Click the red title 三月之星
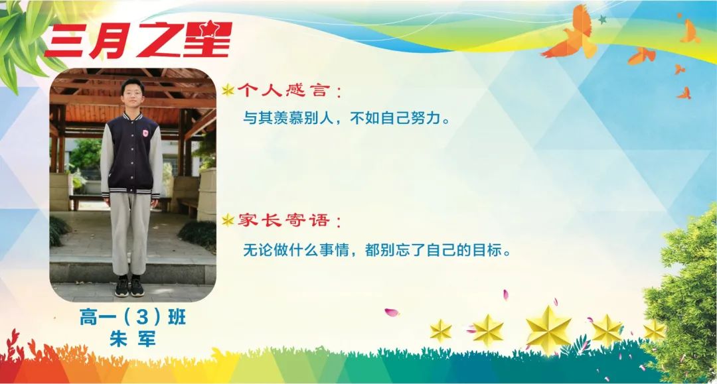(138, 40)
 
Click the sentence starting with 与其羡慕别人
(347, 118)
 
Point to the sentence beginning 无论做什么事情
(377, 250)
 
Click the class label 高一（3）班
(133, 317)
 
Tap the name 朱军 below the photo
(133, 339)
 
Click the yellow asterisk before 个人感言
(228, 90)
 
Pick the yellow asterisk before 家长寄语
(228, 221)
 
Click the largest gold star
(548, 329)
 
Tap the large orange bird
(572, 34)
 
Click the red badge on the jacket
(145, 133)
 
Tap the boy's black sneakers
(129, 287)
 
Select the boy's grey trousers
(130, 233)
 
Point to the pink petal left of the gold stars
(392, 313)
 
